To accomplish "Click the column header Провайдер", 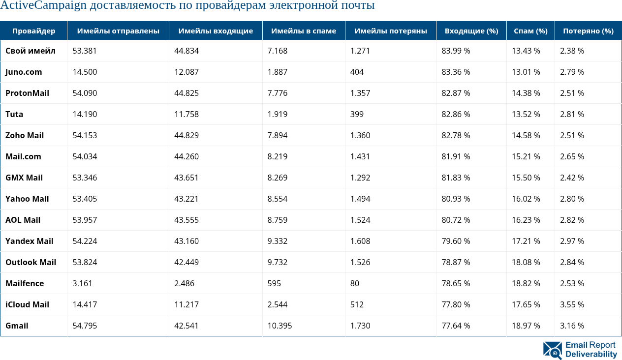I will coord(33,31).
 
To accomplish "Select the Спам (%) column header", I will coord(530,31).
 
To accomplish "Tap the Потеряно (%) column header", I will coord(588,31).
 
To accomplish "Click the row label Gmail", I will coord(17,326).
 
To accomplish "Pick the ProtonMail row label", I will coord(27,93).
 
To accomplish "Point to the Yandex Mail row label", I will coord(29,241).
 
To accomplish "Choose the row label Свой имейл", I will coord(30,51).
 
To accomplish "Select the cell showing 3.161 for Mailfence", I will coord(82,283).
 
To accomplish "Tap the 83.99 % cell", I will coord(456,51).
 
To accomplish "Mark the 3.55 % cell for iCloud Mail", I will coord(572,304).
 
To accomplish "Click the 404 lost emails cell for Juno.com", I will coord(357,72).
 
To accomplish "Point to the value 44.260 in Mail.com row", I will coord(187,156).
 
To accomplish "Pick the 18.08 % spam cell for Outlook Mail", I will coord(526,262).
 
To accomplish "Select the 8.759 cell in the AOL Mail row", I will coord(278,220).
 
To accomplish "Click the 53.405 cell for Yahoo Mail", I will coord(85,199).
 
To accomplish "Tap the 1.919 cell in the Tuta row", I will coord(278,114).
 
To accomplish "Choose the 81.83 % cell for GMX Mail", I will coord(456,178).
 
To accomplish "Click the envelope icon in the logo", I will coord(552,350).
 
